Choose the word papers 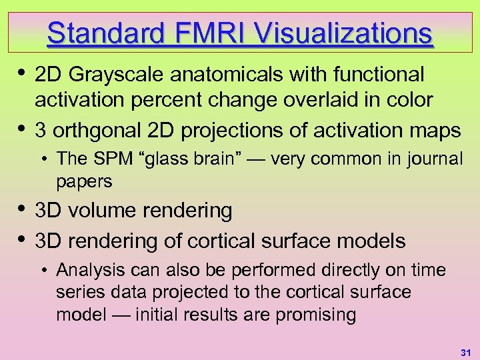coord(85,181)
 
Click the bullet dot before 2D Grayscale coord(22,71)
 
